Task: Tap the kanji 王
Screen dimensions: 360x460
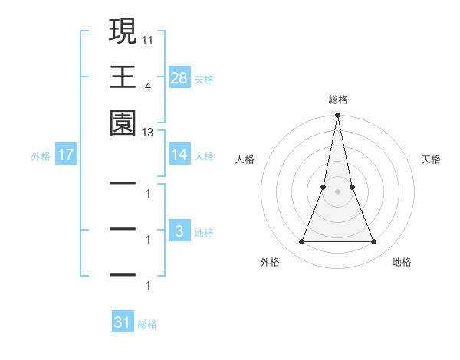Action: click(x=123, y=77)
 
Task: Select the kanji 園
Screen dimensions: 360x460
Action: click(x=123, y=123)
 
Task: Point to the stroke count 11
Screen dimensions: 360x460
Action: click(x=148, y=38)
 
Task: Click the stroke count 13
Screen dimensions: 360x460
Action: click(x=148, y=133)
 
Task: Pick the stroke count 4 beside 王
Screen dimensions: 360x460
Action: click(x=148, y=86)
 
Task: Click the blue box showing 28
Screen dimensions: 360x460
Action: click(x=179, y=77)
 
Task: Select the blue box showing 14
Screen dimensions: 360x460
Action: click(x=179, y=155)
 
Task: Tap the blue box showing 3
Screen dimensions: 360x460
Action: click(x=179, y=231)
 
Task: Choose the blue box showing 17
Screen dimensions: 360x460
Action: click(x=66, y=155)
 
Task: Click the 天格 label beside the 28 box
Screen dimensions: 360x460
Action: click(x=204, y=79)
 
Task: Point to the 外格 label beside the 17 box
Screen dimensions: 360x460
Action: click(x=41, y=155)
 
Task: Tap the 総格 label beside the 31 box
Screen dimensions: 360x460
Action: click(x=147, y=324)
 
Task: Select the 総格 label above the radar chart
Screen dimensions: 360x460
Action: click(x=337, y=100)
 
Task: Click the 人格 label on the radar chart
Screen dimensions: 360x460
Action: click(x=245, y=159)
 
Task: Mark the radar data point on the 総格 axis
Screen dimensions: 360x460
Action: click(x=337, y=116)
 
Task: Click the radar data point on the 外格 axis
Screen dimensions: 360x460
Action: click(x=301, y=241)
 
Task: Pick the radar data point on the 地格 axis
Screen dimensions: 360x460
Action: click(x=373, y=241)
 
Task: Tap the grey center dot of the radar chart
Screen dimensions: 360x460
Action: click(x=337, y=191)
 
